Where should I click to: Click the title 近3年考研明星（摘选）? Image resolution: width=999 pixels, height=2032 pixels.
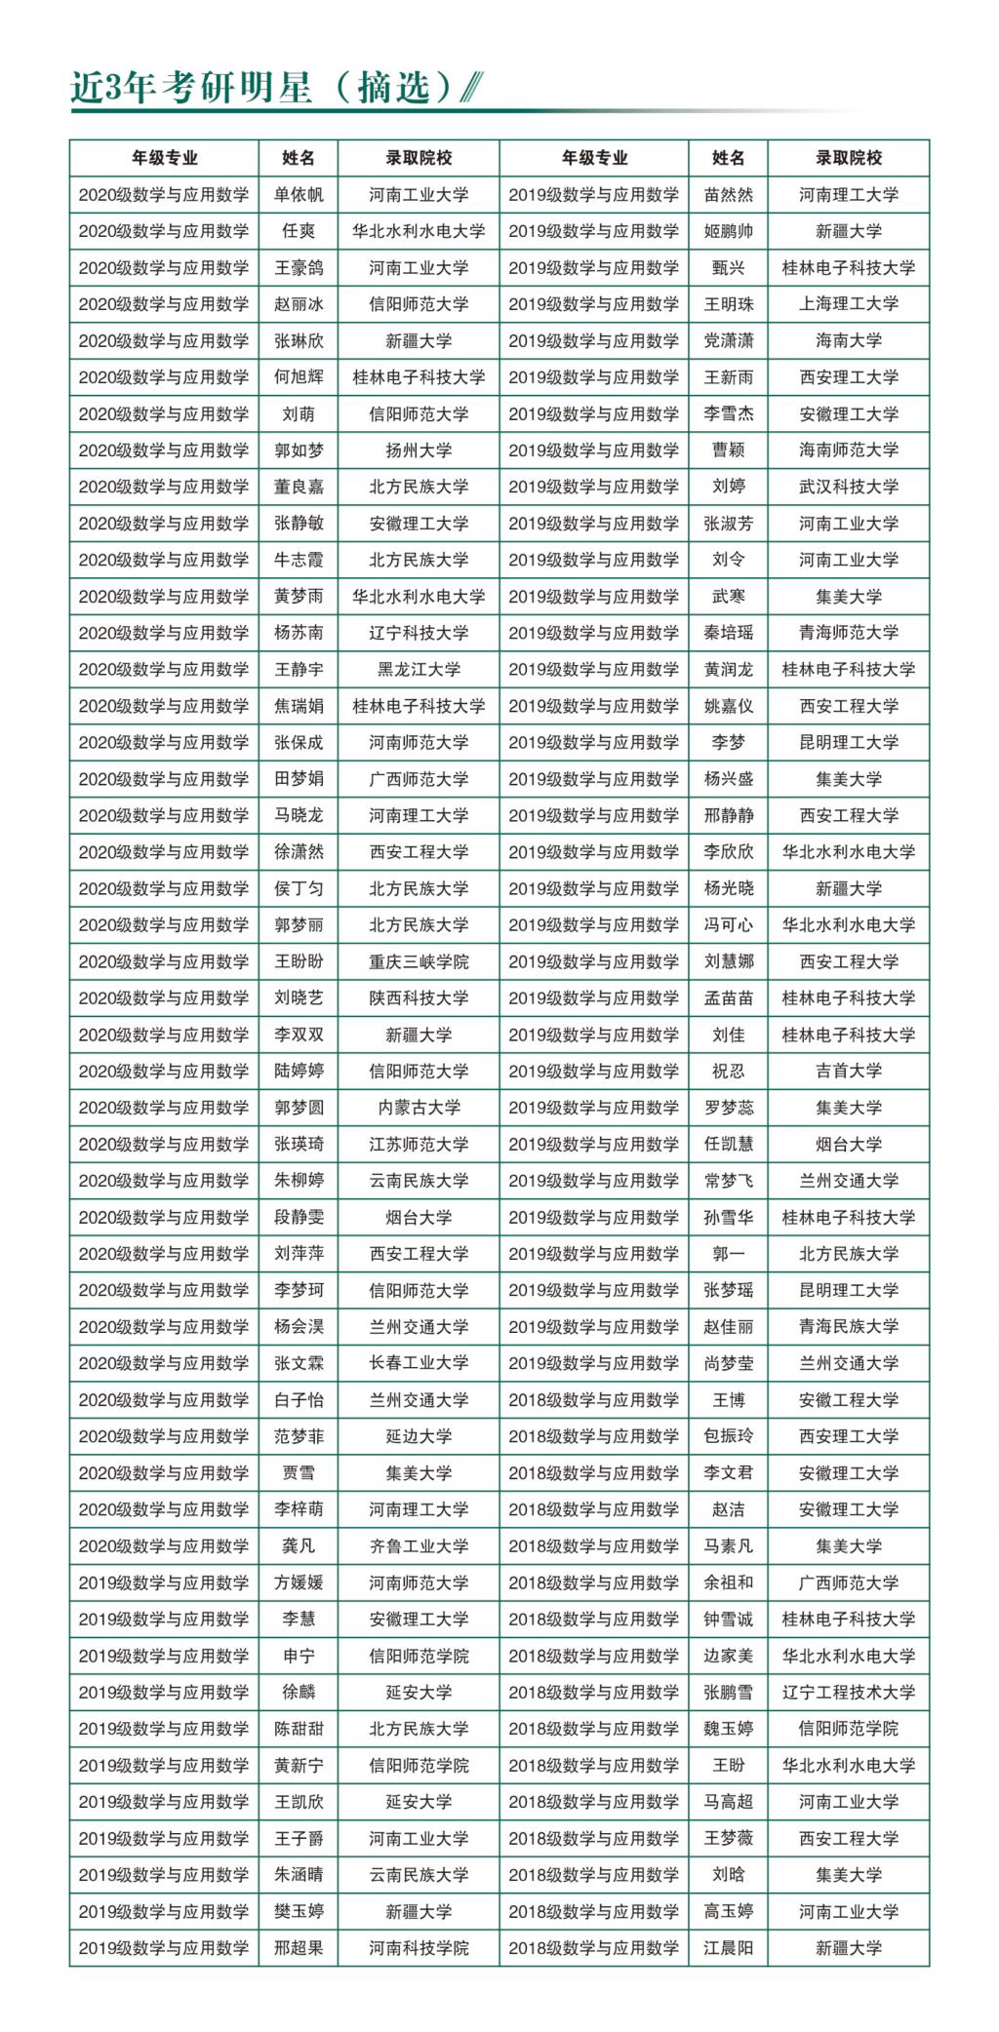click(263, 88)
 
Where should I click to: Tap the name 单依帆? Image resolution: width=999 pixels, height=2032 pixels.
click(299, 195)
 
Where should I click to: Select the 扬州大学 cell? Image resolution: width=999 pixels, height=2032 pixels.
click(419, 450)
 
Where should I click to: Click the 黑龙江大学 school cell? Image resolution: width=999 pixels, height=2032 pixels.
click(419, 670)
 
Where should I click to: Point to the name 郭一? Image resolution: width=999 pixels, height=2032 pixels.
click(728, 1254)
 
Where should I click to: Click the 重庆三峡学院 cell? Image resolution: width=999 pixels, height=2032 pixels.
click(419, 961)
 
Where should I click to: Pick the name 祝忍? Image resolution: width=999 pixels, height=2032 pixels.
click(728, 1072)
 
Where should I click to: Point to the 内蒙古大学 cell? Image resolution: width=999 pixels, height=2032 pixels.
click(419, 1108)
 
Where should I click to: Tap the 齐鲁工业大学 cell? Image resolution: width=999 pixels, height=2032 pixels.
click(419, 1546)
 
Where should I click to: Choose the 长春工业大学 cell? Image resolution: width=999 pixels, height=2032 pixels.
click(419, 1363)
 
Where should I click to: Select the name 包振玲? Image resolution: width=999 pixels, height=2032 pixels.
click(728, 1436)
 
